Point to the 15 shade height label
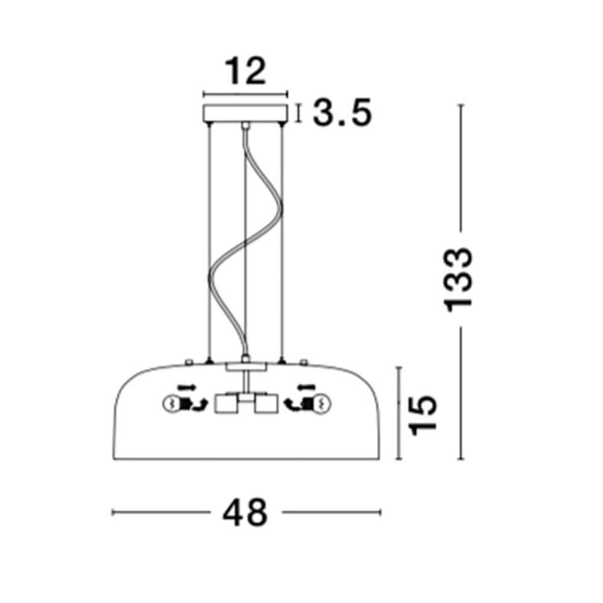423,415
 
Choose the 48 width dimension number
245,512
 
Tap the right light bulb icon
323,404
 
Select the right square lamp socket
266,404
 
